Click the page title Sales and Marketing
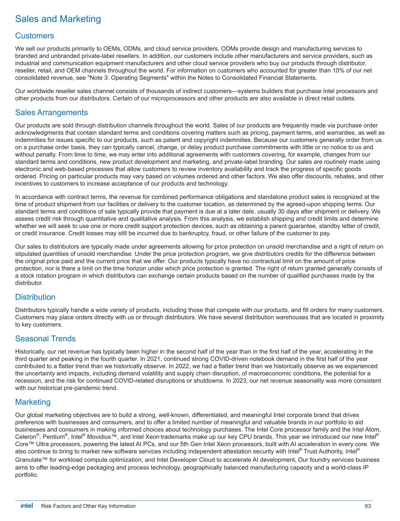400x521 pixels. (x=58, y=19)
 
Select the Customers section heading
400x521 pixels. (x=34, y=36)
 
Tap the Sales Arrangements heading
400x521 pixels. (x=51, y=113)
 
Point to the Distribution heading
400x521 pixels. (x=35, y=297)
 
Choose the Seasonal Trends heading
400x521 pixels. (x=45, y=339)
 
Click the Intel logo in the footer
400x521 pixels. (x=27, y=506)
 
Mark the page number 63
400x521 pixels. (x=368, y=506)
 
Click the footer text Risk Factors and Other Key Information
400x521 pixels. (x=88, y=506)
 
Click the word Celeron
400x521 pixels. (x=25, y=436)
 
